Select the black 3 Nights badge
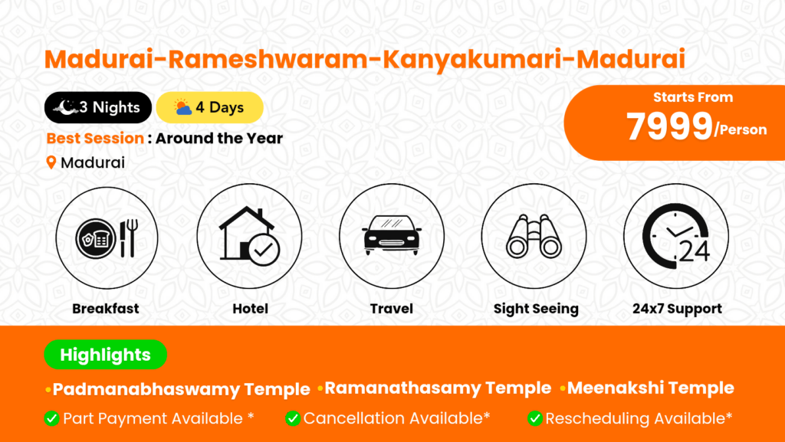pyautogui.click(x=98, y=107)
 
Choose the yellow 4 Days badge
pyautogui.click(x=210, y=107)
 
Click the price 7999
pyautogui.click(x=668, y=126)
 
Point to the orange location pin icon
pyautogui.click(x=51, y=162)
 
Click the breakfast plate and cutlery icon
pyautogui.click(x=107, y=238)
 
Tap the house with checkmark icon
pyautogui.click(x=249, y=236)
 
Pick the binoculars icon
pyautogui.click(x=534, y=236)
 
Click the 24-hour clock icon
pyautogui.click(x=676, y=233)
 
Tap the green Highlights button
pyautogui.click(x=106, y=355)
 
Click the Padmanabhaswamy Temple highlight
pyautogui.click(x=181, y=389)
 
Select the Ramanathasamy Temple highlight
pyautogui.click(x=438, y=388)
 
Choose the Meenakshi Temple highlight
pyautogui.click(x=651, y=388)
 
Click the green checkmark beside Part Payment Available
pyautogui.click(x=51, y=418)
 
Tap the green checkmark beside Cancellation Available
pyautogui.click(x=293, y=418)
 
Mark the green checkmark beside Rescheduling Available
pyautogui.click(x=534, y=418)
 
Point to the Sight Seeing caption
pyautogui.click(x=536, y=309)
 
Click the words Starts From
pyautogui.click(x=693, y=97)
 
